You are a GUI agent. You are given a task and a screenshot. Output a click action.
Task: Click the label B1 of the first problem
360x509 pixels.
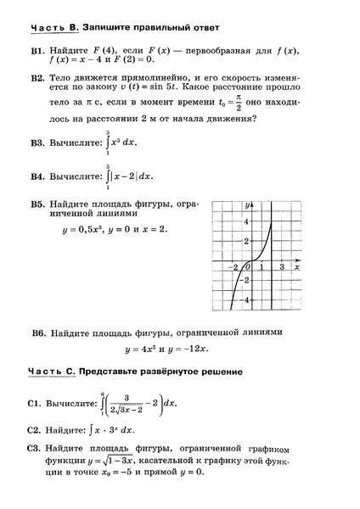(x=37, y=52)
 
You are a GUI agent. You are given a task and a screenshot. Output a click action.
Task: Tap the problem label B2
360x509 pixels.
(x=37, y=78)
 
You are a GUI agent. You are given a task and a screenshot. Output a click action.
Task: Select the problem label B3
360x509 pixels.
(x=37, y=144)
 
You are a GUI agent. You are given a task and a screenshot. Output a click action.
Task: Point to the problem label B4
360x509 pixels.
(x=37, y=177)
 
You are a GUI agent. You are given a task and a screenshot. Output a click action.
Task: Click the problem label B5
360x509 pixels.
(x=37, y=205)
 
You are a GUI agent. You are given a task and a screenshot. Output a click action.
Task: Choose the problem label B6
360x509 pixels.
(x=37, y=332)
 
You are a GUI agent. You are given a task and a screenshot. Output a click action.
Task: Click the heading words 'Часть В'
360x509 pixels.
(x=53, y=28)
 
